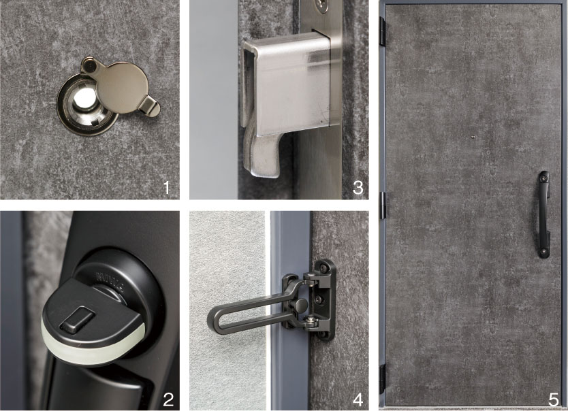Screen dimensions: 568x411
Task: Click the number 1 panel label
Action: [167, 188]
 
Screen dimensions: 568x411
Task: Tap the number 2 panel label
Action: [168, 399]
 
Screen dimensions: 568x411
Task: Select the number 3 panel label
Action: [358, 188]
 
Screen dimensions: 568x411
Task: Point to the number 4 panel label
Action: [358, 399]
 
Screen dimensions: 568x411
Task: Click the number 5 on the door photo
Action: [553, 399]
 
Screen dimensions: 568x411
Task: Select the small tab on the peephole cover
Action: [151, 108]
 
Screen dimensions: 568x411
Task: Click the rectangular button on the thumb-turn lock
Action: [77, 318]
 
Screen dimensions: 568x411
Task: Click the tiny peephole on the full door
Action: [473, 137]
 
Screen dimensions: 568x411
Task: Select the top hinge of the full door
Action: [382, 31]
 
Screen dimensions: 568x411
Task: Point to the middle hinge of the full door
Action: [382, 205]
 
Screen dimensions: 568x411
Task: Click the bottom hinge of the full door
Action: [382, 379]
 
